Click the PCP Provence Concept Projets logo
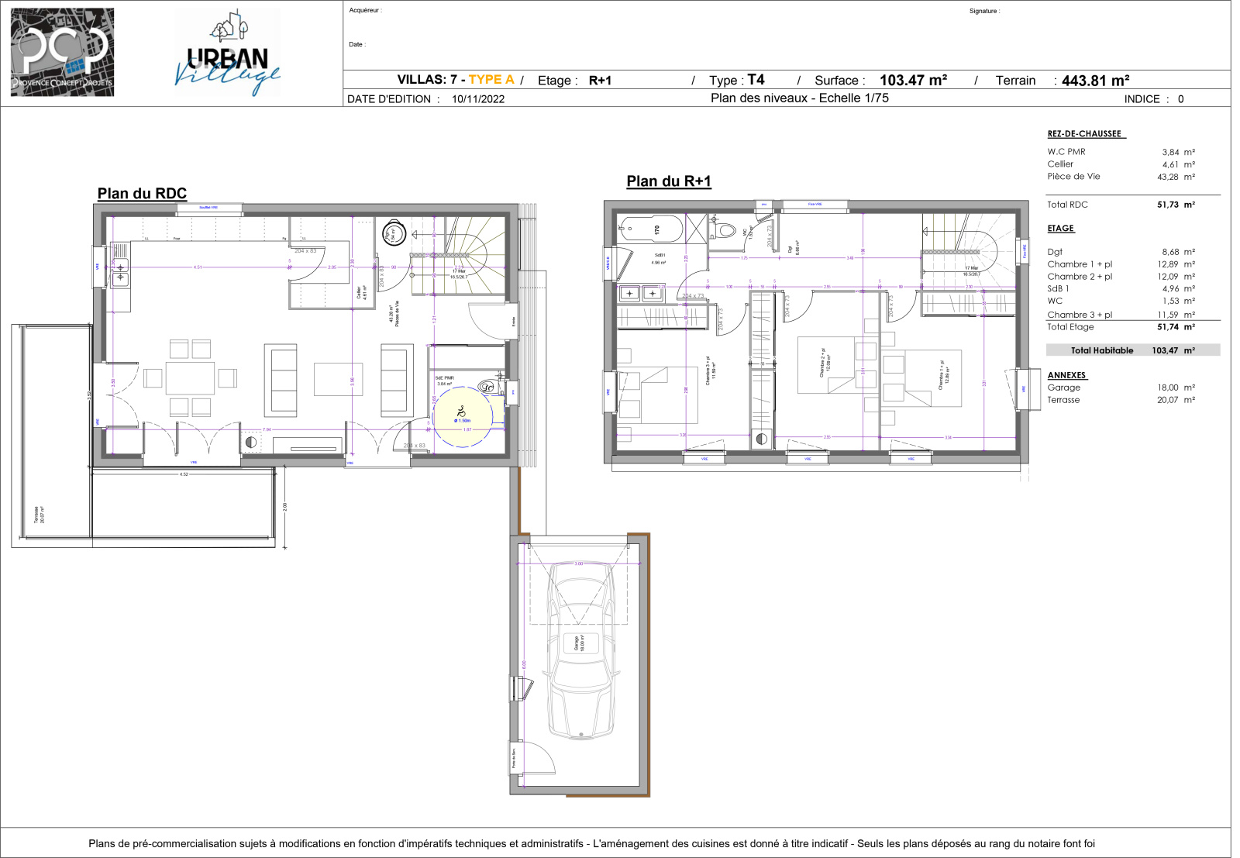point(62,53)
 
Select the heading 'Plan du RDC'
point(142,194)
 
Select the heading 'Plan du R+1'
point(668,181)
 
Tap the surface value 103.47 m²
point(913,81)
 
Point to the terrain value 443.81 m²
point(1095,81)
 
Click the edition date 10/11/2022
point(477,99)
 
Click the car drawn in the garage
point(582,651)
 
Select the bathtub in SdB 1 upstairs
point(650,229)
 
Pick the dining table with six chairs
point(190,378)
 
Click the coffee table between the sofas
point(338,379)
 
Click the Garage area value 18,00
point(1167,388)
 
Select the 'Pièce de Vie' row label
point(1073,177)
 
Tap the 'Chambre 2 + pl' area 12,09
point(1167,277)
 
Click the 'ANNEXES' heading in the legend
point(1066,375)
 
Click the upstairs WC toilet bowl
point(725,230)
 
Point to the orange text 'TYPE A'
point(491,80)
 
